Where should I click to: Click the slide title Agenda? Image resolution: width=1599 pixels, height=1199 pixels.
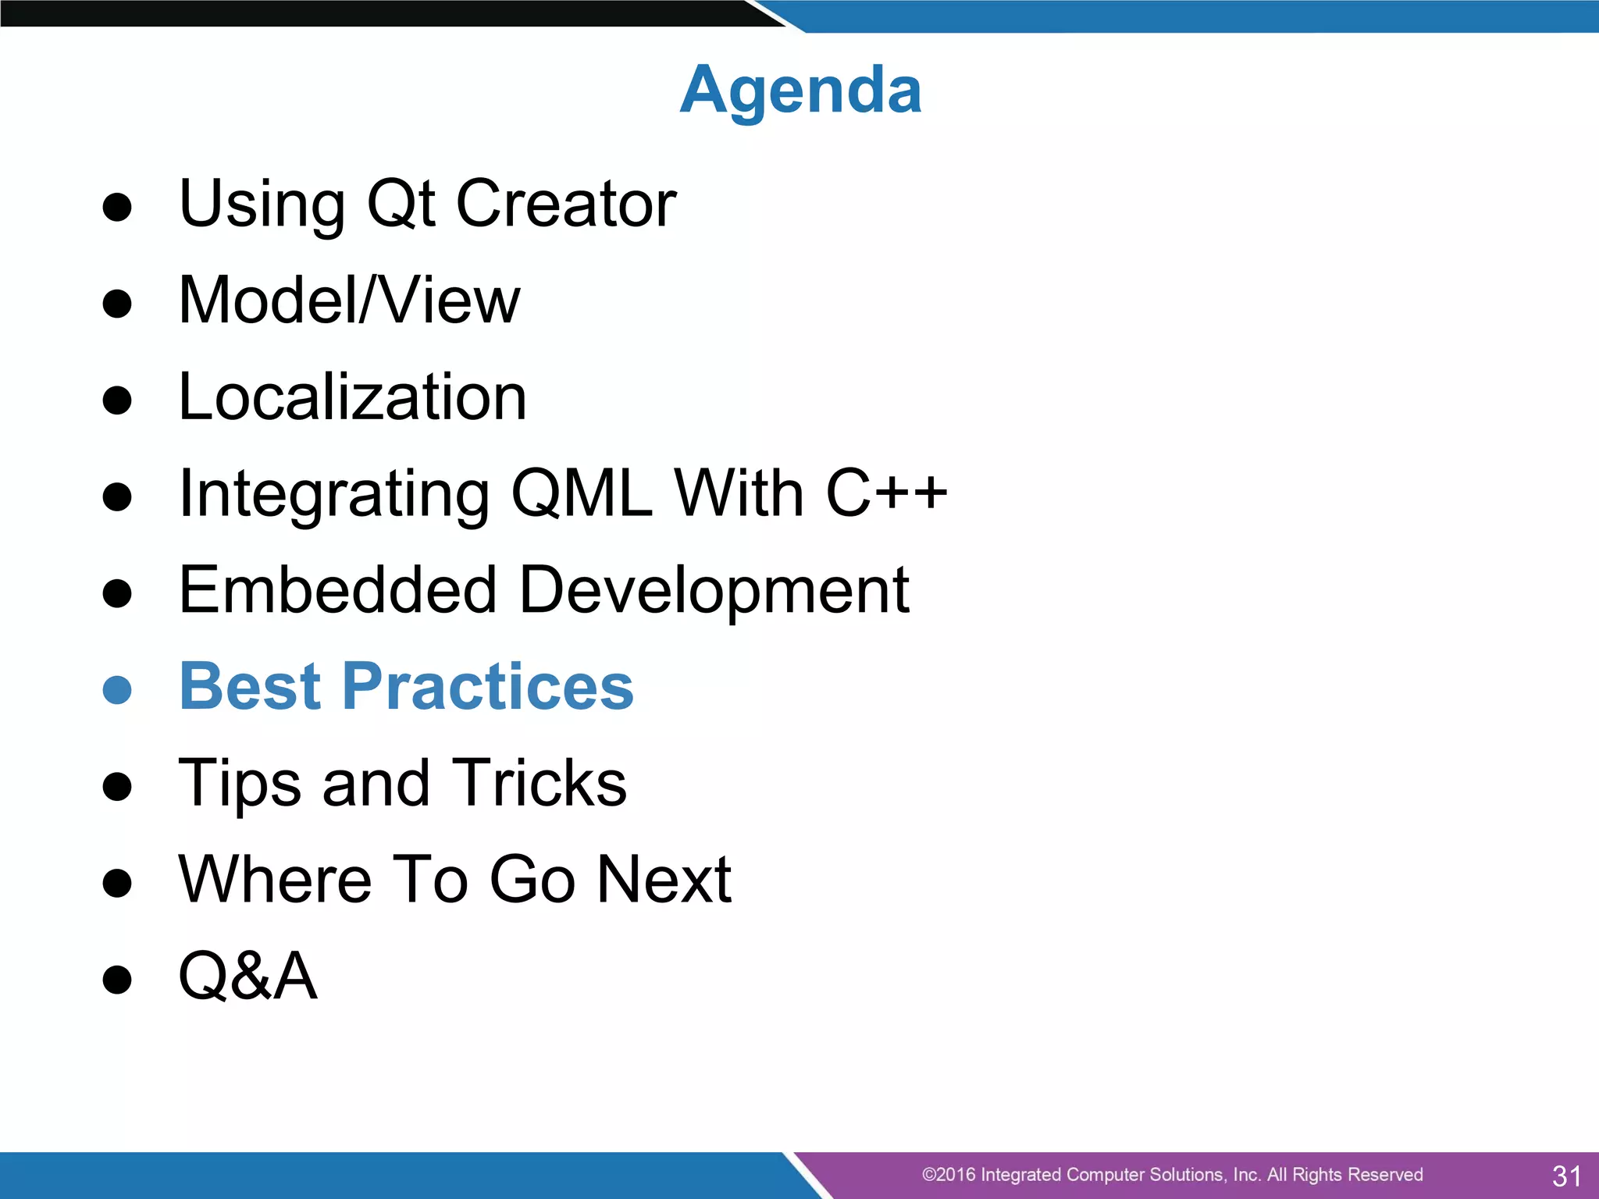click(800, 91)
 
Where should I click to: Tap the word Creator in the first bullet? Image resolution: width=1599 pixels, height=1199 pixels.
click(565, 204)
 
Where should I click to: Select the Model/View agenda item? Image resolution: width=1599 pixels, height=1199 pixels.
click(349, 301)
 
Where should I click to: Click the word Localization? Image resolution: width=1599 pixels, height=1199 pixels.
click(352, 397)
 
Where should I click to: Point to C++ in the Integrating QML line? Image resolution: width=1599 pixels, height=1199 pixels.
click(885, 493)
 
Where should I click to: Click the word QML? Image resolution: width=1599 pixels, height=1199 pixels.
click(582, 493)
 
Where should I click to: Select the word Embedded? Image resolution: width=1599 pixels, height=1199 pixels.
click(337, 590)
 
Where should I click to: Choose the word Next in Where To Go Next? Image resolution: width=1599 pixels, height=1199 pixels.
click(664, 880)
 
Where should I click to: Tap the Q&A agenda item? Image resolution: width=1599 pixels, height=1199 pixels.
click(248, 976)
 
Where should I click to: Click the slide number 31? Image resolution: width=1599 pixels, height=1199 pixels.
click(1566, 1176)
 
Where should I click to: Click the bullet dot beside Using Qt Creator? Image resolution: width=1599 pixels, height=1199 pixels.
click(117, 208)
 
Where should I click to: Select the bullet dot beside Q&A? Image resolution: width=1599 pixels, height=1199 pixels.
click(117, 980)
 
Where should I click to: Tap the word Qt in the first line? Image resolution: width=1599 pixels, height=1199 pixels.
click(400, 204)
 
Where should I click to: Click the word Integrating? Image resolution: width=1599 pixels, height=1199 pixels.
click(333, 495)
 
